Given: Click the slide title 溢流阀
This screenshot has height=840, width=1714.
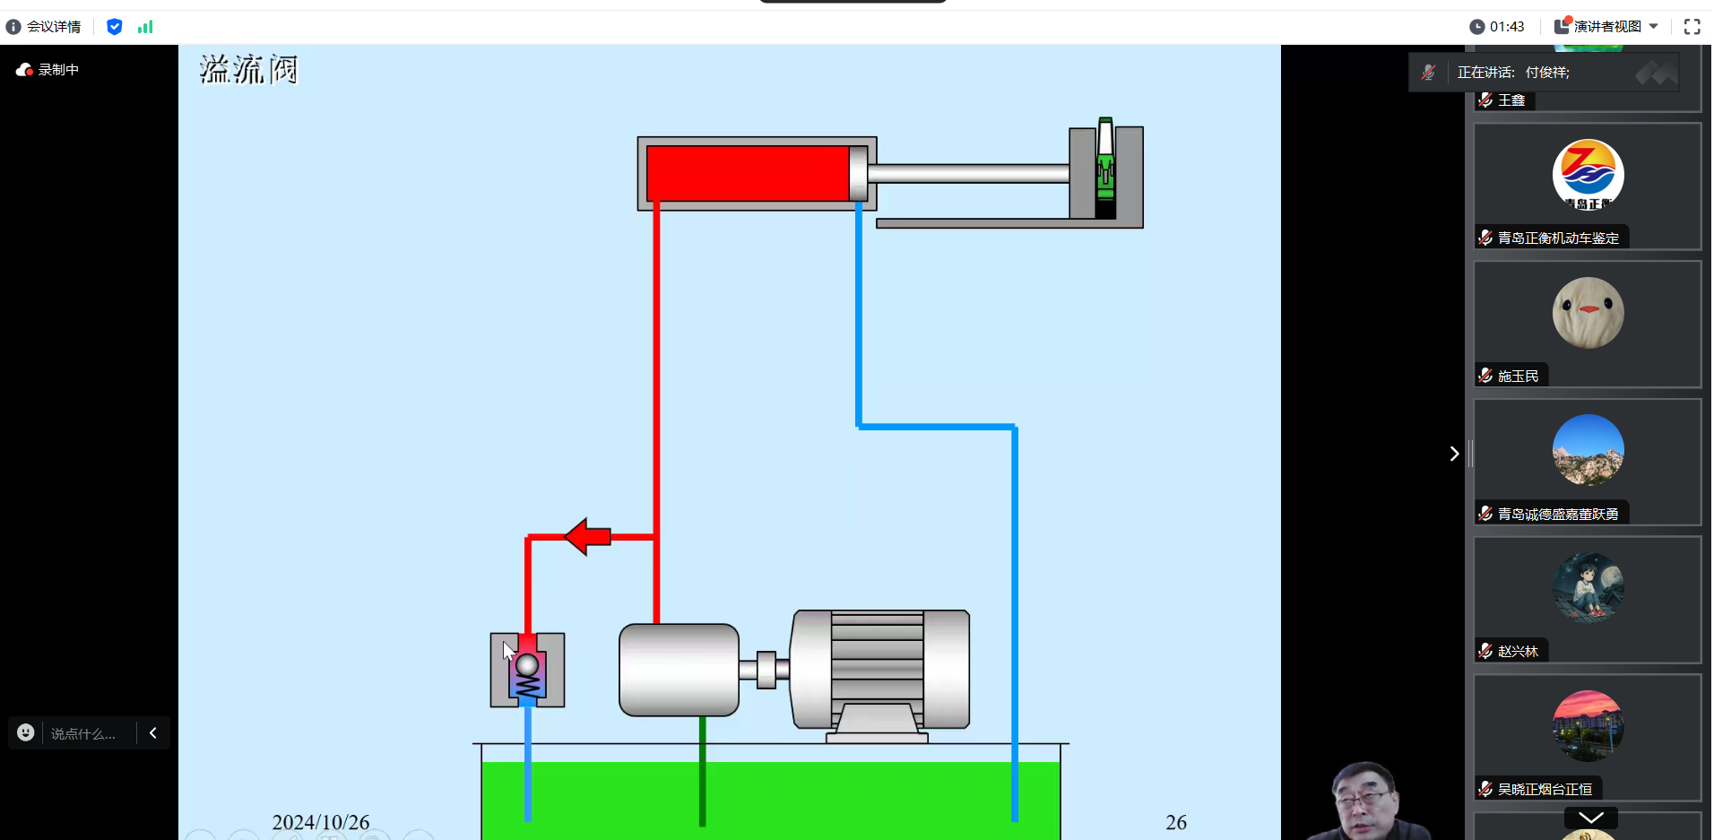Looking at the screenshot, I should (248, 69).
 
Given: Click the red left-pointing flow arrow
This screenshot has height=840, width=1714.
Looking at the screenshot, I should (588, 536).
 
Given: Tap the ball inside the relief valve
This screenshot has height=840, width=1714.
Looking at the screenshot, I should (527, 665).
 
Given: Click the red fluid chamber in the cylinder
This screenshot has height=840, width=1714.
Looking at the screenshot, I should (747, 173).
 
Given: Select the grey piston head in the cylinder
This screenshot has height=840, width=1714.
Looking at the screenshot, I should (858, 173).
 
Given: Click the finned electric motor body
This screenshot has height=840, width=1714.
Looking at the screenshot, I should (879, 668).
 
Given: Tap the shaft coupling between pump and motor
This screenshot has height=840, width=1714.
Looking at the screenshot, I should (766, 670).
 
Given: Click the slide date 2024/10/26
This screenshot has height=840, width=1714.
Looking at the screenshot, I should (321, 822).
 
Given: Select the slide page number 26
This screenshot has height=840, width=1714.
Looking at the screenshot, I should (1175, 822).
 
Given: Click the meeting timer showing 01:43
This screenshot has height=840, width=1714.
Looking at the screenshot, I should (1498, 27).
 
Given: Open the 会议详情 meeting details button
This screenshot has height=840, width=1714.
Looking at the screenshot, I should (44, 27).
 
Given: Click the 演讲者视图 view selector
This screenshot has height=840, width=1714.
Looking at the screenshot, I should (1606, 27).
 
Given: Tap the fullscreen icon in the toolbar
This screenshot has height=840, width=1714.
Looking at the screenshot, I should (1692, 27).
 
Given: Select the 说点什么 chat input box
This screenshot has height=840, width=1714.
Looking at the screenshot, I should (82, 733).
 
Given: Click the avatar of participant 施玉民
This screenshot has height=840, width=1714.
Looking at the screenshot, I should (1588, 313).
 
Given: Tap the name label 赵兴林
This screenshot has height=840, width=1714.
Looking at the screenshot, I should (1517, 652).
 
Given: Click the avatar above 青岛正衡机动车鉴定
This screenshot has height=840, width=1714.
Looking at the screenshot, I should (1588, 175).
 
